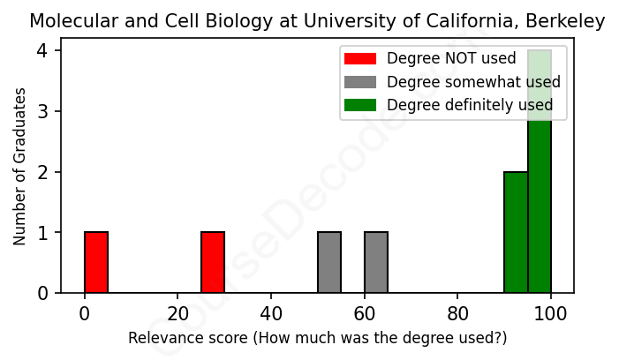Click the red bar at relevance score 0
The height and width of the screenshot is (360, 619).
96,262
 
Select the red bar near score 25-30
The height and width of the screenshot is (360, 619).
213,262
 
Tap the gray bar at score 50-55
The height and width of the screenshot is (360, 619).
329,262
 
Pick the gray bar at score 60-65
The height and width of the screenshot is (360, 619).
376,262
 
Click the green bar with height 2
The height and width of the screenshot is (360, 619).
516,232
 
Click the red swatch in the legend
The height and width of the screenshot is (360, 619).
360,59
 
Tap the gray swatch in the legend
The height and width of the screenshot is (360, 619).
360,82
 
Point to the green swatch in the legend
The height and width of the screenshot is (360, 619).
360,105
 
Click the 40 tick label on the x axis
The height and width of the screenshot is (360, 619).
271,311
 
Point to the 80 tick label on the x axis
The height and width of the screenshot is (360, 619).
457,311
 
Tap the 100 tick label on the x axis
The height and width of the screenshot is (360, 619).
551,311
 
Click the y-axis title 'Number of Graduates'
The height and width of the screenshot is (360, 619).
19,172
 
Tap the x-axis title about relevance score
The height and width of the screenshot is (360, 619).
318,338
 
